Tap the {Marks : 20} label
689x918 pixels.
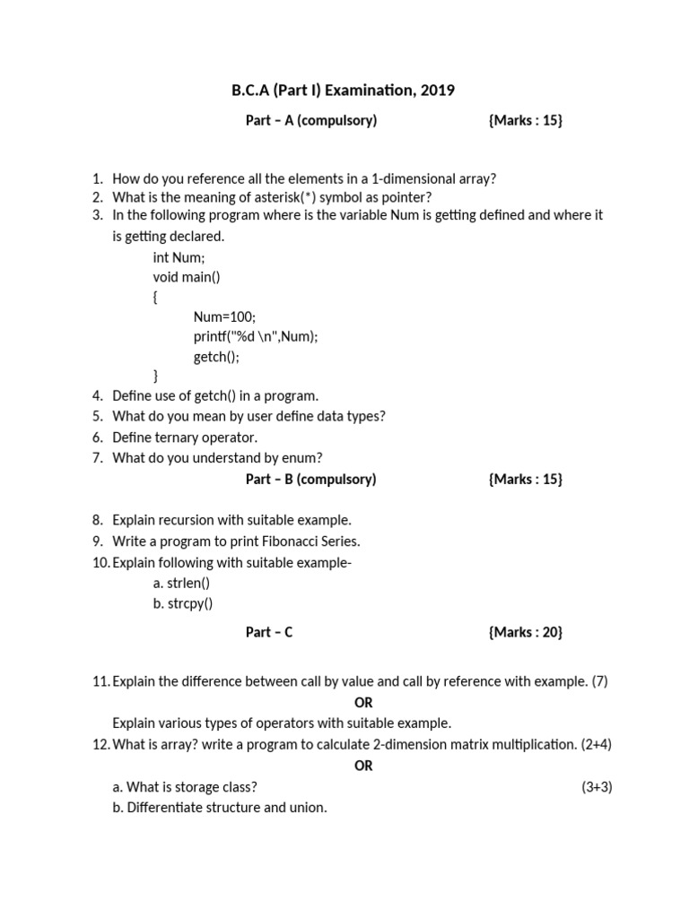[526, 632]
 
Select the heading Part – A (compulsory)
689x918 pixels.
[310, 120]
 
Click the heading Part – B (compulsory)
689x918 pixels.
[310, 479]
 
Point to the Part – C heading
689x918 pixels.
[269, 632]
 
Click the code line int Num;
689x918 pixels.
[179, 257]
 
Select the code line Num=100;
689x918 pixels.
[224, 316]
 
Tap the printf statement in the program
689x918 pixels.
[256, 336]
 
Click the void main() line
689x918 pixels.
[187, 277]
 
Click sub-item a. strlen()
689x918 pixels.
[182, 583]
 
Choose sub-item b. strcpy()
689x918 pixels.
[183, 603]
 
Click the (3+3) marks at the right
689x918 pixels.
[597, 787]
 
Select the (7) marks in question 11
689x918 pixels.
[599, 681]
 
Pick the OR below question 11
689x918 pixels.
[363, 703]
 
